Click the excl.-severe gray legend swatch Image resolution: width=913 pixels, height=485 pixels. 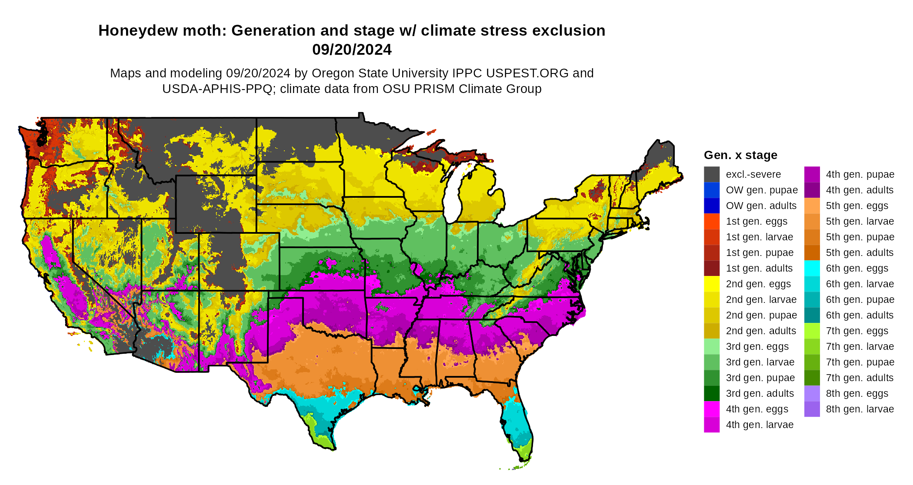tap(712, 174)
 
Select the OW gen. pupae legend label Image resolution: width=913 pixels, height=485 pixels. tap(762, 190)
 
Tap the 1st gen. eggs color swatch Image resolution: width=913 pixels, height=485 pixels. tap(712, 221)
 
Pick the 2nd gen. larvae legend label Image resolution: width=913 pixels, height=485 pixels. tap(761, 299)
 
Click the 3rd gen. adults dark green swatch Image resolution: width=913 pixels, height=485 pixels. tap(712, 393)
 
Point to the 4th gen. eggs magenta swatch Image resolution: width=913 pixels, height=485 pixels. tap(712, 409)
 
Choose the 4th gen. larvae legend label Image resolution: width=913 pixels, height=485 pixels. tap(760, 425)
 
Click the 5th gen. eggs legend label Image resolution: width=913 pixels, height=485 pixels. tap(857, 206)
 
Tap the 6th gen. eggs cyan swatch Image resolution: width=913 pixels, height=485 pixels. tap(812, 268)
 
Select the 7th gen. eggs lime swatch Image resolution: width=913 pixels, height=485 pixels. tap(812, 331)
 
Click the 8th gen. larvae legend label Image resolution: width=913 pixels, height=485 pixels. tap(860, 409)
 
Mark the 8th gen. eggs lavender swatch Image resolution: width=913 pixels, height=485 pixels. tap(812, 393)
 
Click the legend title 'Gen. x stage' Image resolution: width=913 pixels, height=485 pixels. tap(740, 155)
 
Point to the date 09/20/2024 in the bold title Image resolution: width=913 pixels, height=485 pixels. tap(352, 50)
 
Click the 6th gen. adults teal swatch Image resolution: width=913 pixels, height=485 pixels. tap(812, 315)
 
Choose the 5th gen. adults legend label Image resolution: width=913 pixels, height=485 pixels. tap(860, 252)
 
